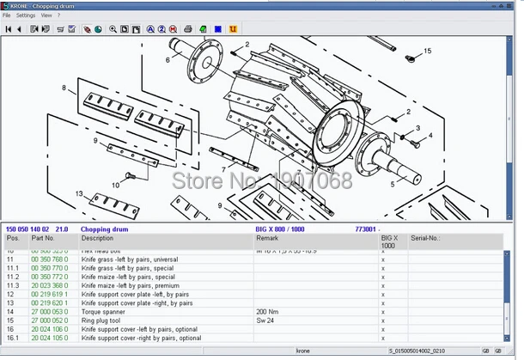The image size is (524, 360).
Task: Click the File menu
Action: tap(7, 15)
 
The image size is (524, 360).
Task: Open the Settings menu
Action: tap(26, 15)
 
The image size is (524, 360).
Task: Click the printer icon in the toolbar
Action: tap(188, 29)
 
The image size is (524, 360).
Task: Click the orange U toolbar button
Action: tap(234, 29)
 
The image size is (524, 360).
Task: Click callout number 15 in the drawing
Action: tap(428, 52)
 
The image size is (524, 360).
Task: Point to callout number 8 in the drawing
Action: tap(63, 88)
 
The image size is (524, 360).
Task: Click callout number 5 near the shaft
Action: tap(393, 184)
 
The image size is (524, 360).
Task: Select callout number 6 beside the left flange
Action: tap(168, 60)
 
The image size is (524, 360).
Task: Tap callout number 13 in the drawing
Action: tap(78, 194)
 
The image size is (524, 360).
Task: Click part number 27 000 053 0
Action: tap(49, 312)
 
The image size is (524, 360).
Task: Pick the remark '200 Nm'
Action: tap(267, 312)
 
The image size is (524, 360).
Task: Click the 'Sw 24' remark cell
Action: tap(265, 320)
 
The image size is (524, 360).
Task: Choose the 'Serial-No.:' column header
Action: tap(426, 238)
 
